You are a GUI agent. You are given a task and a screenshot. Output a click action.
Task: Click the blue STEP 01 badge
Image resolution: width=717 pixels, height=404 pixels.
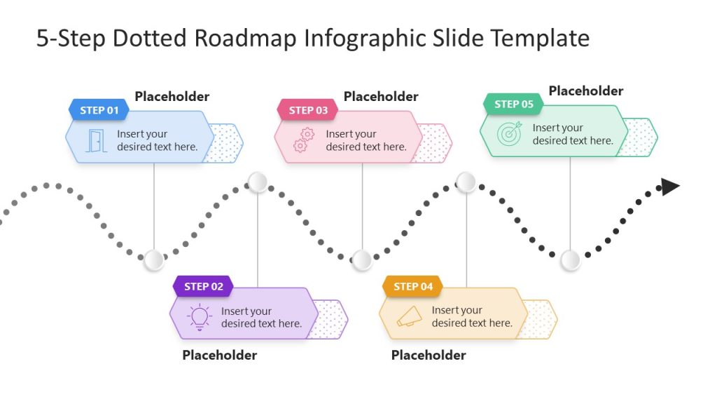click(99, 110)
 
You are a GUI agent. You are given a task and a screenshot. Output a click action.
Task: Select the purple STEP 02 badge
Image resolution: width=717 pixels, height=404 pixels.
click(203, 286)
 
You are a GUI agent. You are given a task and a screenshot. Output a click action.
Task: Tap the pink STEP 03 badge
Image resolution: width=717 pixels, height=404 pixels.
click(307, 110)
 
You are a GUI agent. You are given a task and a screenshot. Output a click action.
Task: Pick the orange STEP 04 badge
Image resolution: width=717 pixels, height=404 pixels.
click(412, 286)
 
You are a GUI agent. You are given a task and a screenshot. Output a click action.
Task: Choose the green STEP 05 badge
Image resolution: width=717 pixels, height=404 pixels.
click(513, 104)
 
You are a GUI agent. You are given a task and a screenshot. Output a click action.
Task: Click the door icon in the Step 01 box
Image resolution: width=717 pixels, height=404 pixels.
click(96, 140)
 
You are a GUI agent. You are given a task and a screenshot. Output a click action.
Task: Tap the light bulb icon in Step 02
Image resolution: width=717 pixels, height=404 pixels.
click(200, 317)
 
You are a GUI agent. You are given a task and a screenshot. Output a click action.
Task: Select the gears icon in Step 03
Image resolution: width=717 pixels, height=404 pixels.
click(304, 140)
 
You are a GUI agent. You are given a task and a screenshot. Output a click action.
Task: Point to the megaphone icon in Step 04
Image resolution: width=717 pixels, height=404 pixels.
click(410, 316)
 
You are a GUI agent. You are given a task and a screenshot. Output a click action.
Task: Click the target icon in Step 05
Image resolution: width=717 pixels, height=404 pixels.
click(510, 134)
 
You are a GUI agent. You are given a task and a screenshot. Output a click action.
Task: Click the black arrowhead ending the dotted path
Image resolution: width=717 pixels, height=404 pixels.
click(670, 187)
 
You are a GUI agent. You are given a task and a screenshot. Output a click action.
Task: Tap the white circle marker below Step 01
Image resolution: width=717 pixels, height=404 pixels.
click(153, 260)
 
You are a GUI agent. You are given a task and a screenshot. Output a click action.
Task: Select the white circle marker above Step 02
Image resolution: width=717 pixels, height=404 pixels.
click(258, 182)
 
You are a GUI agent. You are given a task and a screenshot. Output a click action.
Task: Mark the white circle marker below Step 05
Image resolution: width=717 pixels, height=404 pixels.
click(571, 260)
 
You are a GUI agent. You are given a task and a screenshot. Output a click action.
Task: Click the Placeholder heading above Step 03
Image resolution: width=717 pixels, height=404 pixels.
click(381, 97)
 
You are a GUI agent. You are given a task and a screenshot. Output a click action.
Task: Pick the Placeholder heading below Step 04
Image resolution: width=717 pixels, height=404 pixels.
click(428, 355)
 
